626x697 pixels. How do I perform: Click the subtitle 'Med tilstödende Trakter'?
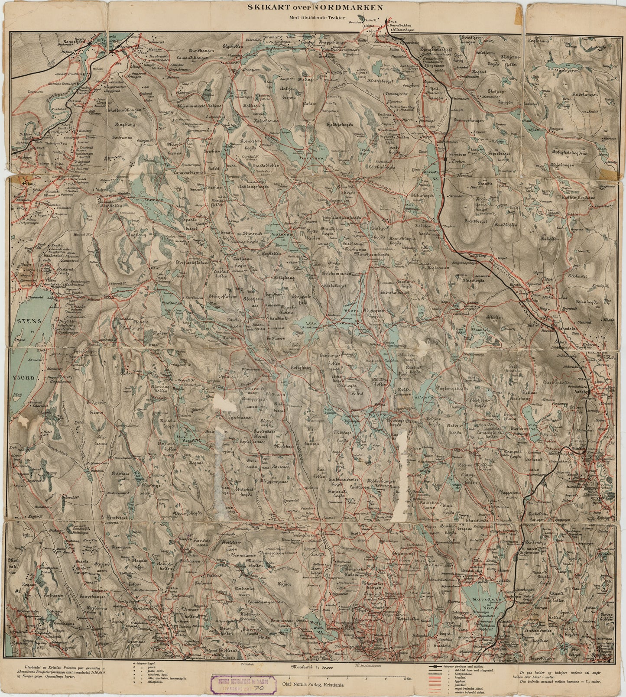pyautogui.click(x=315, y=17)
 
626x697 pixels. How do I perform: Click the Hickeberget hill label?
pyautogui.click(x=339, y=286)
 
